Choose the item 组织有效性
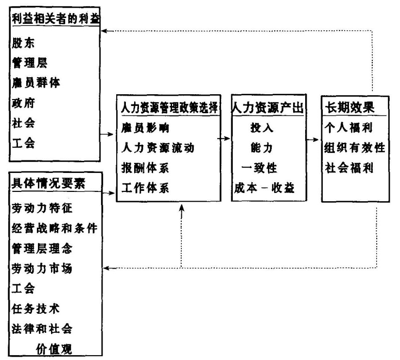point(354,148)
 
